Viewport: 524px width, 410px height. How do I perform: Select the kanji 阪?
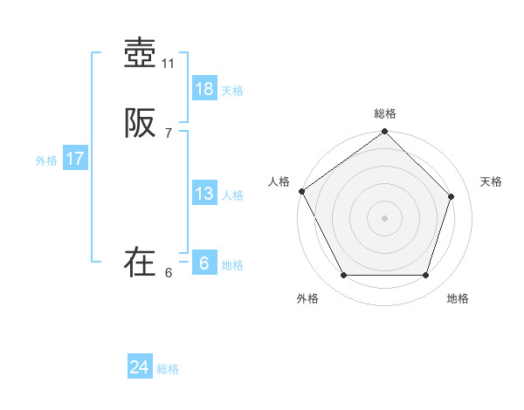click(140, 125)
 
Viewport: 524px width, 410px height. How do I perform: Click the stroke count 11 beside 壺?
click(169, 64)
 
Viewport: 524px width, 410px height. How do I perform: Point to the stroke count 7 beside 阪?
click(169, 133)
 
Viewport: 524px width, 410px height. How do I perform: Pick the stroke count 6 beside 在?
click(169, 272)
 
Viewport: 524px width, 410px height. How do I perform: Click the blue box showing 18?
click(204, 89)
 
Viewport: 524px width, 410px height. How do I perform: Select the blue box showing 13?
click(204, 194)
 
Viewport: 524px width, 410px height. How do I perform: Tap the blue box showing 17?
click(75, 159)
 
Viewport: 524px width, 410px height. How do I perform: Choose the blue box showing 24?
click(140, 368)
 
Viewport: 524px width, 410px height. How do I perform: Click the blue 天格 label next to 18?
click(232, 91)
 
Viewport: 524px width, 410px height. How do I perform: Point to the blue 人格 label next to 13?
click(232, 195)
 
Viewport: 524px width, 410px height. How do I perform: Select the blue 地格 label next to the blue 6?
click(232, 265)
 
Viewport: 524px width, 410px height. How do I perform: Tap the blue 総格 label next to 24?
click(168, 370)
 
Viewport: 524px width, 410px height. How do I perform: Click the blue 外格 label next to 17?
click(46, 161)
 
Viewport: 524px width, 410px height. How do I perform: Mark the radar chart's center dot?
click(384, 217)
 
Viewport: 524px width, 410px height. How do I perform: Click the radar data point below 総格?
click(384, 133)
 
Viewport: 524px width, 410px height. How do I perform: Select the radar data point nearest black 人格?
click(302, 191)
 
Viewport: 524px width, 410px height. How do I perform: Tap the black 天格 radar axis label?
click(491, 181)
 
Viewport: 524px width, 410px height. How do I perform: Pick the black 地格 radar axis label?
click(458, 298)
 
